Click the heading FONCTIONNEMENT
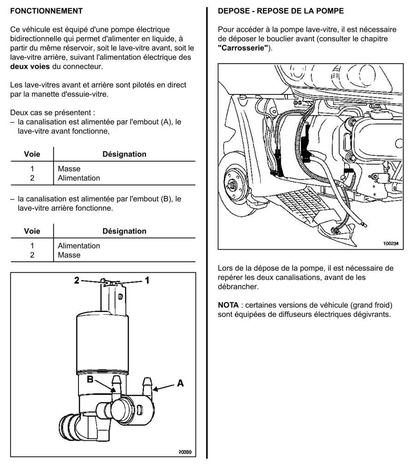tap(46, 11)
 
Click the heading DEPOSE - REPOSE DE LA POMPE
tap(281, 11)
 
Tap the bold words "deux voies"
tap(30, 66)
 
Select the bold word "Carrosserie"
tap(243, 48)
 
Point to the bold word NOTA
tap(228, 305)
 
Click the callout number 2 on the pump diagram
tap(77, 280)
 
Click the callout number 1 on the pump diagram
tap(147, 280)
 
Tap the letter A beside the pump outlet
tap(180, 383)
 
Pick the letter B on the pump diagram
tap(90, 379)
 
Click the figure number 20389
tap(185, 452)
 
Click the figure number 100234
tap(391, 243)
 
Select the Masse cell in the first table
tap(69, 169)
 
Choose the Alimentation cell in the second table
tap(79, 246)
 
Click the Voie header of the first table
tap(32, 154)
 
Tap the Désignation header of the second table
tap(125, 231)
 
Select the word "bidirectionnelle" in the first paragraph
tap(36, 39)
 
